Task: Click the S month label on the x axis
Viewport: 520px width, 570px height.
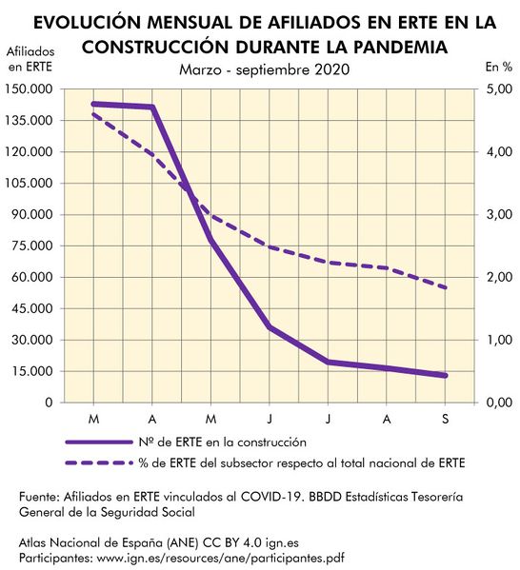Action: [x=446, y=419]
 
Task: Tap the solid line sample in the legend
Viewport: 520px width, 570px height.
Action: [x=96, y=442]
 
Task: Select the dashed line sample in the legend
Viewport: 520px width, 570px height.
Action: [x=96, y=462]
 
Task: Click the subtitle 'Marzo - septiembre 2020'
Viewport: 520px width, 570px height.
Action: [x=264, y=69]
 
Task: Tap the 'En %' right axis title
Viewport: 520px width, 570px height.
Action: [x=498, y=67]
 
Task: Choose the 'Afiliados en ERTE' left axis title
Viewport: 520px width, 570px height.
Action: [x=30, y=58]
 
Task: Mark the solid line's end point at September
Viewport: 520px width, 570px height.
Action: [x=446, y=375]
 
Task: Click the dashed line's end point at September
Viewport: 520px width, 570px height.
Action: [x=446, y=287]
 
